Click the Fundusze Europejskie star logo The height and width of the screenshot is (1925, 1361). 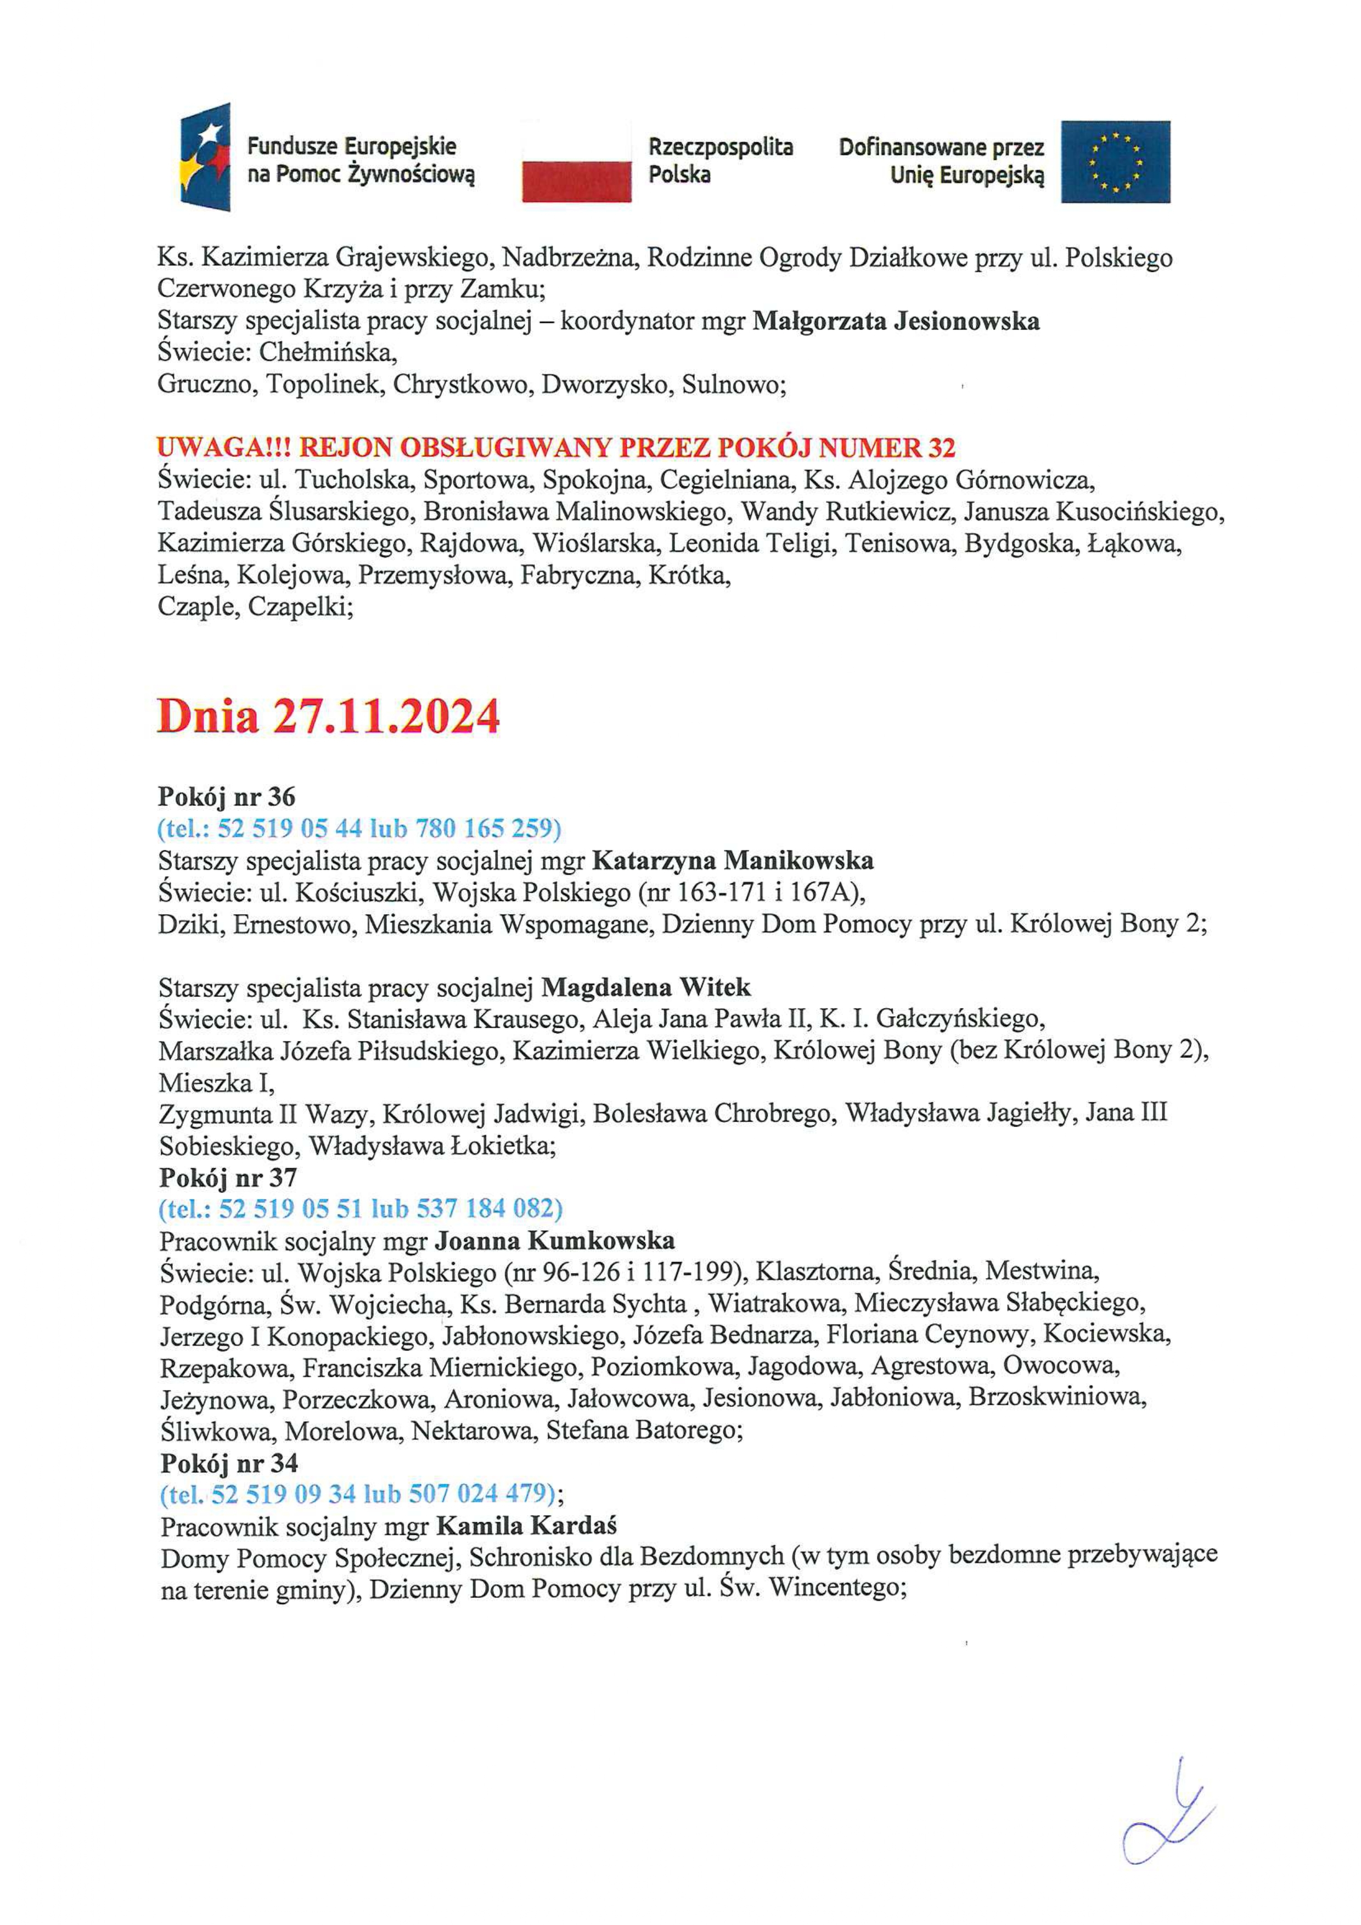tap(205, 157)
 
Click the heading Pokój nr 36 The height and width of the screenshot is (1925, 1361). tap(227, 796)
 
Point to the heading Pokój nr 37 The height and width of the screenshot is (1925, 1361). tap(228, 1178)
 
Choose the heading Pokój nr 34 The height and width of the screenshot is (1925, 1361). tap(229, 1463)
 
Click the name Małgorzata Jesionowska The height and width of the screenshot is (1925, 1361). tap(896, 321)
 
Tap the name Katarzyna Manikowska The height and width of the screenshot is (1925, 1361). tap(733, 860)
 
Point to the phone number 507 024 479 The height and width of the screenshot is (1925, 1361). tap(481, 1494)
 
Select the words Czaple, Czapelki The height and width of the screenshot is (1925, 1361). tap(255, 607)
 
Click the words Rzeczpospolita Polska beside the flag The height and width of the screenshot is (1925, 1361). tap(719, 161)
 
